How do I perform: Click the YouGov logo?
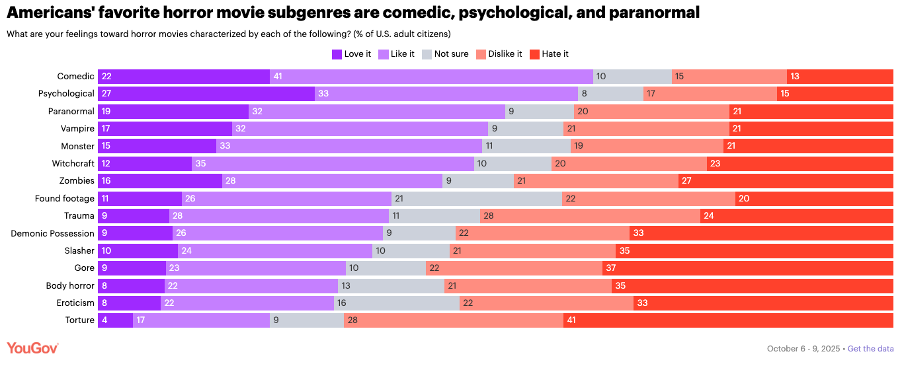[32, 348]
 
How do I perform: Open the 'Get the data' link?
[870, 349]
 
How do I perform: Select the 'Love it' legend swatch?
[337, 54]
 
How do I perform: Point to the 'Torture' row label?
[79, 320]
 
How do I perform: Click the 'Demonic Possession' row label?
[53, 233]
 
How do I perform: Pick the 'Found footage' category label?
[65, 198]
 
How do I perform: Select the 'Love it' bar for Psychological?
[206, 94]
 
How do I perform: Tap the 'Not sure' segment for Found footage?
[477, 198]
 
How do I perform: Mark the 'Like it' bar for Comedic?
[431, 77]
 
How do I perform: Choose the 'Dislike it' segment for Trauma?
[590, 216]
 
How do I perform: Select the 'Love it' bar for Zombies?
[160, 181]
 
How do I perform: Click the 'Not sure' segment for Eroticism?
[397, 303]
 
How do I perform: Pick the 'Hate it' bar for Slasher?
[755, 251]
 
